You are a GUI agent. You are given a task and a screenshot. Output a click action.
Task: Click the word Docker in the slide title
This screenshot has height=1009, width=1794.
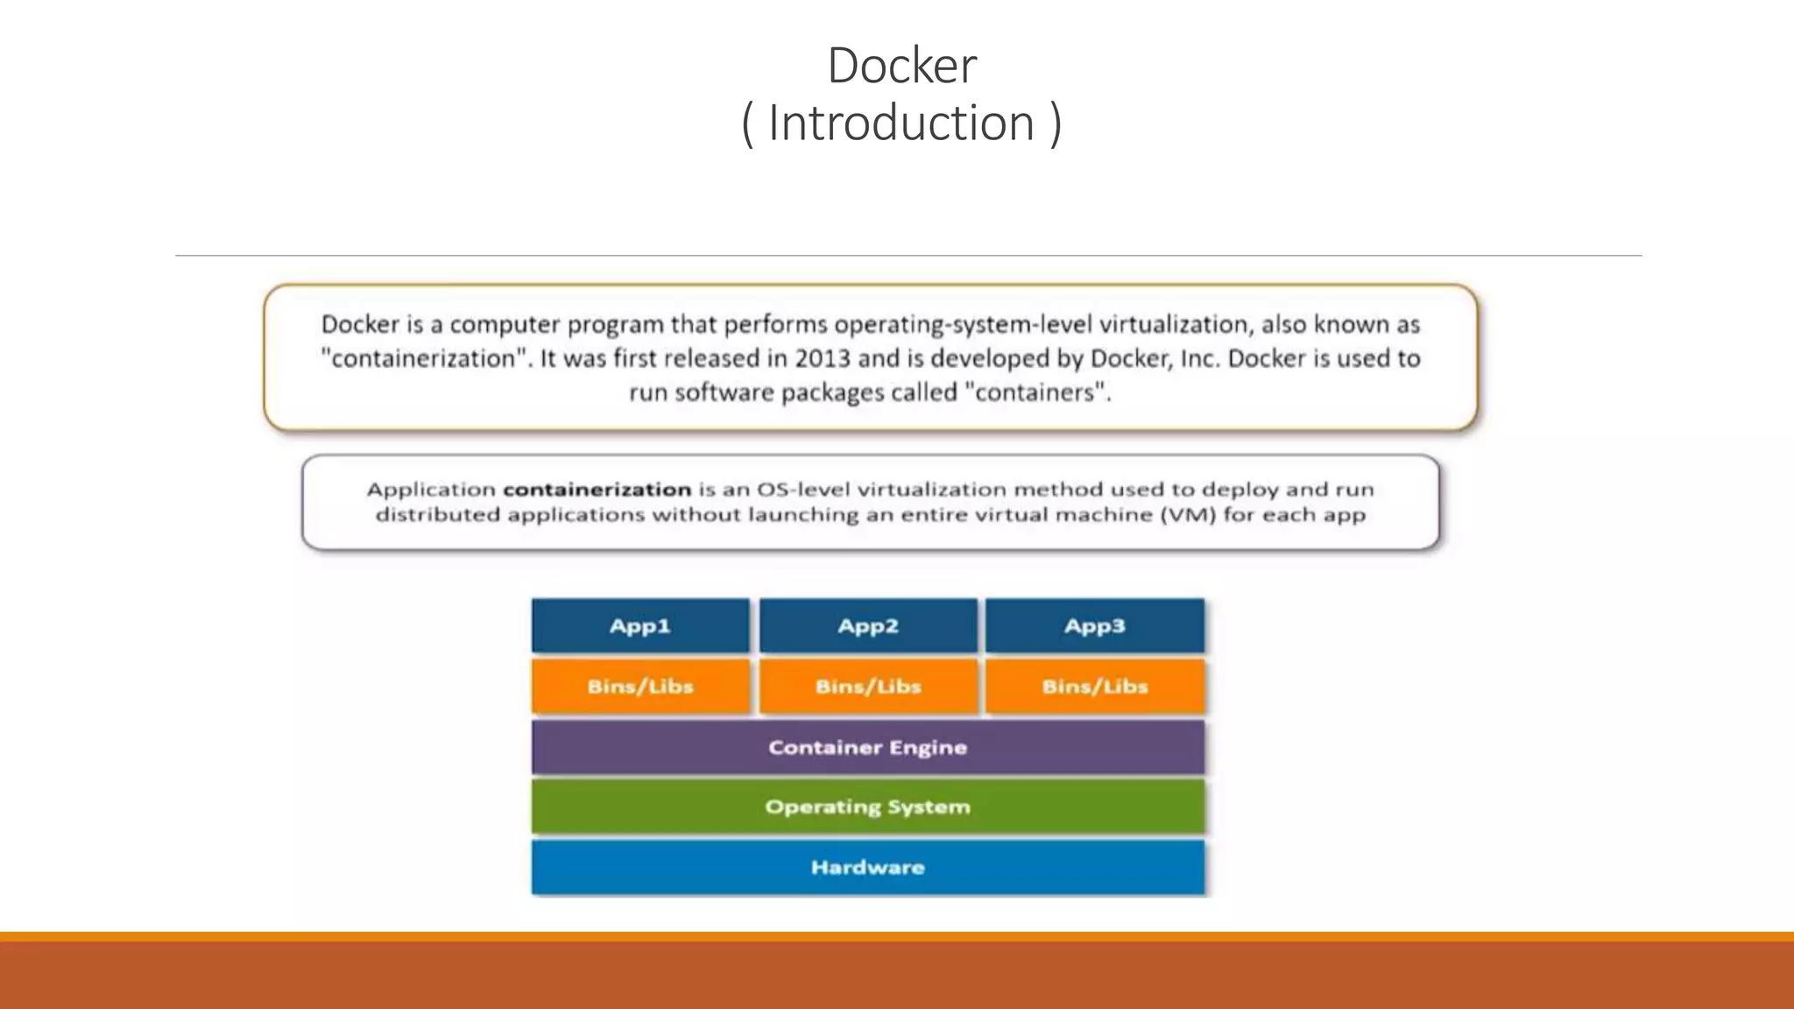[x=901, y=66]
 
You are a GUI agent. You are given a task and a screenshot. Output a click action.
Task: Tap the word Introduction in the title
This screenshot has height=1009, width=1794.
[x=901, y=123]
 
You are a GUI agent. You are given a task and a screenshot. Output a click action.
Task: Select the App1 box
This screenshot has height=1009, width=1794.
[x=640, y=626]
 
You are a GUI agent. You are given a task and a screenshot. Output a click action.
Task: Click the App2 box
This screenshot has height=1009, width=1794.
[x=868, y=626]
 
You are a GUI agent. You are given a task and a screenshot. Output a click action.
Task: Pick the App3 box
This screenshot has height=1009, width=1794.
[x=1095, y=626]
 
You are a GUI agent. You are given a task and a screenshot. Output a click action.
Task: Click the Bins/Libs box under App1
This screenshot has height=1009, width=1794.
[x=640, y=687]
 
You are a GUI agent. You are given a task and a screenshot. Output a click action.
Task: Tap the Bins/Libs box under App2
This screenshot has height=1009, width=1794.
[x=868, y=687]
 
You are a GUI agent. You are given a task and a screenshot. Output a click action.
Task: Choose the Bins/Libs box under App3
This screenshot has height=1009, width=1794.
[x=1095, y=687]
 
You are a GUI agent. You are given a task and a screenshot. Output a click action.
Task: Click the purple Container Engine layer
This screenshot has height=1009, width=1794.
[x=868, y=747]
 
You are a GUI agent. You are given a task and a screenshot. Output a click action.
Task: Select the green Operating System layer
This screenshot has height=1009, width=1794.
[x=868, y=807]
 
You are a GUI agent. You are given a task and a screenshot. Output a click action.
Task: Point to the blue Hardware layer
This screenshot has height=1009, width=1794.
[x=868, y=867]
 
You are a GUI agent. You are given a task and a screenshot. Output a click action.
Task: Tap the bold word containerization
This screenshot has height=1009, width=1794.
[x=597, y=490]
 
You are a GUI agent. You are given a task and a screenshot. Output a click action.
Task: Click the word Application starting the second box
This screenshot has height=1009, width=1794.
[x=431, y=490]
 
